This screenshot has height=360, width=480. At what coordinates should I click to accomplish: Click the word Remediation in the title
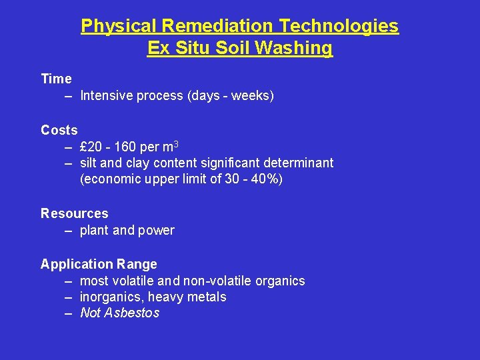[x=217, y=26]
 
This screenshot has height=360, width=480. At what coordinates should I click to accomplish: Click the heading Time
[x=56, y=79]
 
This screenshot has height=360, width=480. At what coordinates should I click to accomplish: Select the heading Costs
[x=59, y=130]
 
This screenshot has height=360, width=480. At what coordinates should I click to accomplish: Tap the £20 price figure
[x=91, y=147]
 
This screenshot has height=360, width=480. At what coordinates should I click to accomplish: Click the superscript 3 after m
[x=175, y=144]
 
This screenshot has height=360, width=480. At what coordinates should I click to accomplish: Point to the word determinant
[x=300, y=163]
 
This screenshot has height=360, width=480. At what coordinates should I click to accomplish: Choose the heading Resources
[x=75, y=213]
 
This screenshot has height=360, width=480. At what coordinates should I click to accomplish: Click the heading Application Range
[x=99, y=264]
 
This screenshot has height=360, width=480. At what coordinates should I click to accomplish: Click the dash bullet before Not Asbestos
[x=69, y=313]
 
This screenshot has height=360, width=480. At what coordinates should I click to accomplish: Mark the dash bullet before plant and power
[x=69, y=231]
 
